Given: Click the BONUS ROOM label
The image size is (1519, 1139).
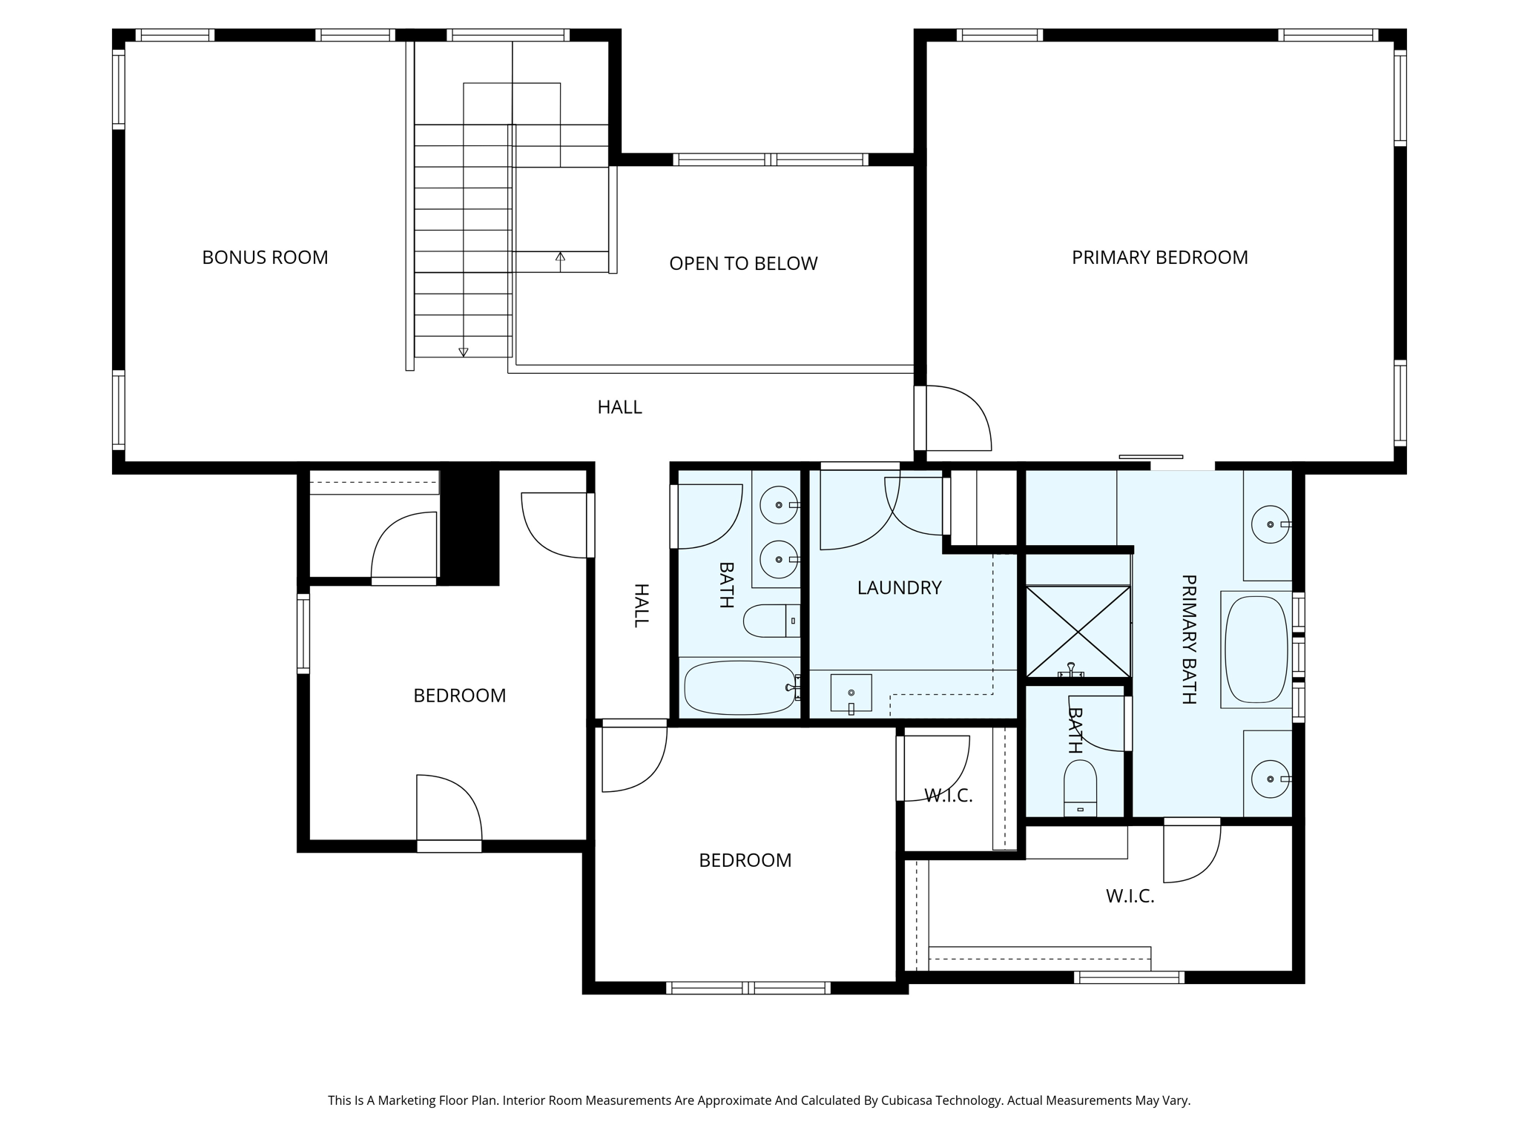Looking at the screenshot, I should [265, 257].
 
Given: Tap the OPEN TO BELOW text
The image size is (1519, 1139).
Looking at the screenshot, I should [742, 263].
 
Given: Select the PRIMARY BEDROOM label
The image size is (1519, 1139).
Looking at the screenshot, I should [1159, 257].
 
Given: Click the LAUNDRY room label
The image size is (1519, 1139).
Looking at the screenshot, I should [899, 588].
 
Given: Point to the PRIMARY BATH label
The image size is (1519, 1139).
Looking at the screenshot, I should [1188, 639].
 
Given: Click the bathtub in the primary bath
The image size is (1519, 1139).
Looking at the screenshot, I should [1256, 650].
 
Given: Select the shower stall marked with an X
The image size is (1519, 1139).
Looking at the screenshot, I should [1078, 632].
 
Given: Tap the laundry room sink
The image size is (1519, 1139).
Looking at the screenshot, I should [851, 693].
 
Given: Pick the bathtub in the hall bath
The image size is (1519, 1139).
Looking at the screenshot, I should [739, 687].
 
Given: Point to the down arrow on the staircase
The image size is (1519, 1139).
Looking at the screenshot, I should [464, 351].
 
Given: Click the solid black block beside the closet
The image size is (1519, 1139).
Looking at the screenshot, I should [469, 525].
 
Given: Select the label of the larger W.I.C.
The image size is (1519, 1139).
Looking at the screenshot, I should [1130, 897].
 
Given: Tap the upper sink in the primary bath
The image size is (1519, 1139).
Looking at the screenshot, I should [1270, 524].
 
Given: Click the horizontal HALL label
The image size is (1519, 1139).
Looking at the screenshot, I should [619, 407].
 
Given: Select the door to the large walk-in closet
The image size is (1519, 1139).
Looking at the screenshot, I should [1191, 853].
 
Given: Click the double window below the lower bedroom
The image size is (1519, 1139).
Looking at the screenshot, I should [748, 988].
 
